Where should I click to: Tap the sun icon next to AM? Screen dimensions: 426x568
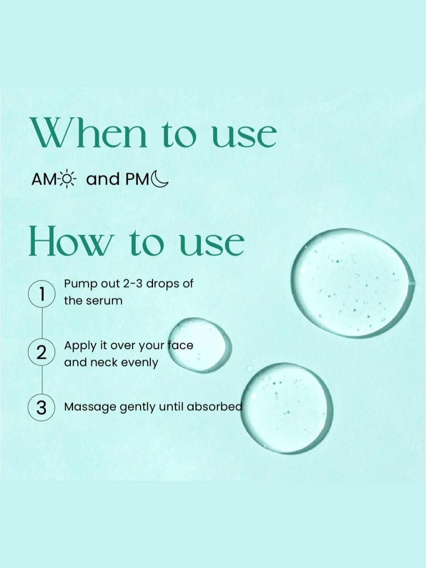tap(67, 179)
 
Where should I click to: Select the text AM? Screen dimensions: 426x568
tap(43, 179)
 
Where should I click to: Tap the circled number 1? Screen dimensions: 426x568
tap(42, 295)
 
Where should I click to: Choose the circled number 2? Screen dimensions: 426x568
tap(42, 353)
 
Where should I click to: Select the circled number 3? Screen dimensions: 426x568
tap(41, 407)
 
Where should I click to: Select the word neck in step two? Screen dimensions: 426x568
tap(105, 362)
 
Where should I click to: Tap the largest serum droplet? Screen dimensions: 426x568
tap(352, 283)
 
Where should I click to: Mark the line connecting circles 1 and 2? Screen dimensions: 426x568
tap(42, 323)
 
